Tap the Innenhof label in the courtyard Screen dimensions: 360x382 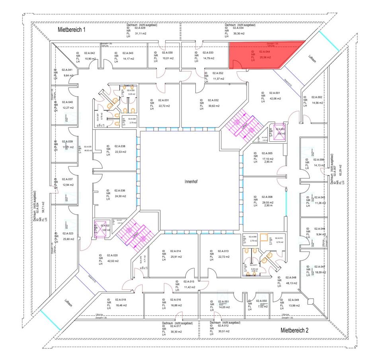point(191,181)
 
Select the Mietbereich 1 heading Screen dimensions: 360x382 point(72,29)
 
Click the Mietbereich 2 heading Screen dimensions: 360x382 point(294,330)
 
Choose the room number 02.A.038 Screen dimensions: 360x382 point(120,146)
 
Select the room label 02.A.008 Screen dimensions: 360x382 point(267,197)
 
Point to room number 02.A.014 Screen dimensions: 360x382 point(176,251)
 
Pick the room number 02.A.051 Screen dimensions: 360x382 point(224,301)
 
